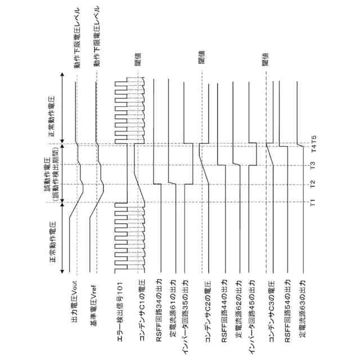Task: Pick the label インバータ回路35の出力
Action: (188, 316)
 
